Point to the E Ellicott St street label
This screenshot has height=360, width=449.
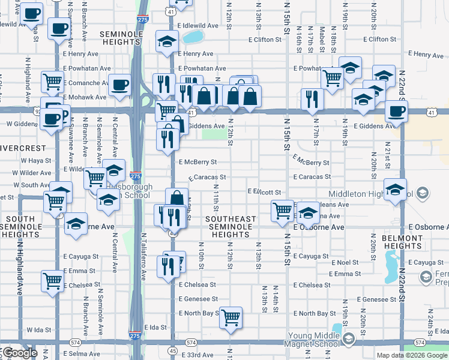[265, 191]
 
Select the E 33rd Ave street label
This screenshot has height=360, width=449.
[196, 355]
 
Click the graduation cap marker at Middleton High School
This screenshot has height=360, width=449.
[395, 189]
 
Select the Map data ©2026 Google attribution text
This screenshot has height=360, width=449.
[412, 355]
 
